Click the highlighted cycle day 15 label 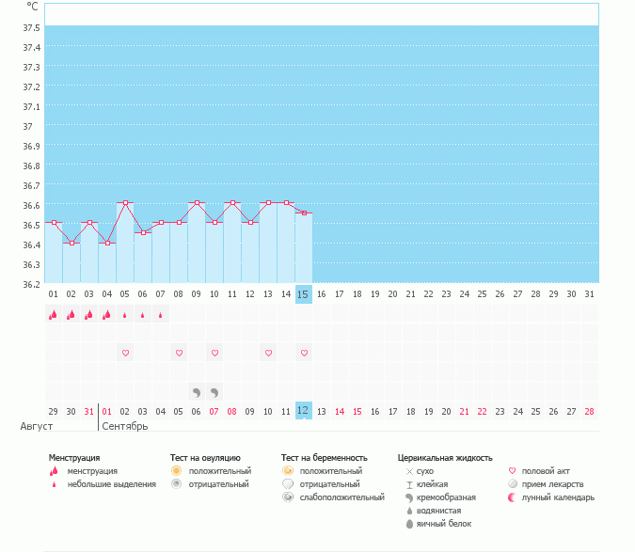(x=303, y=294)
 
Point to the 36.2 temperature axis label (x=31, y=283)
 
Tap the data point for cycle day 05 (x=125, y=203)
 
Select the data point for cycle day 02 (x=71, y=243)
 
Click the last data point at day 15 (x=303, y=213)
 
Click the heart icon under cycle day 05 (x=125, y=353)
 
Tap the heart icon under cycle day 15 (x=304, y=353)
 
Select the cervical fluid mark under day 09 (x=197, y=392)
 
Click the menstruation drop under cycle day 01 (x=54, y=316)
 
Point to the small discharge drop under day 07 (x=161, y=316)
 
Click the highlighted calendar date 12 (x=303, y=411)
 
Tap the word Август (x=30, y=426)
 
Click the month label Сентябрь (x=125, y=426)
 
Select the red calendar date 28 (x=589, y=411)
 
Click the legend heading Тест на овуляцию (x=205, y=458)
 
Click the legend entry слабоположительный (x=339, y=497)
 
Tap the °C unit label (x=33, y=6)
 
